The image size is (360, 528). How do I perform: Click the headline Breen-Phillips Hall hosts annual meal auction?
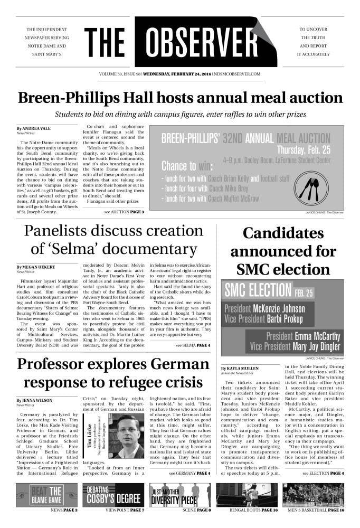(179, 99)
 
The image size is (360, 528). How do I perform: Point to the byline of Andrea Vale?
(33, 128)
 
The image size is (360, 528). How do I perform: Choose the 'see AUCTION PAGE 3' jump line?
(124, 211)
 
